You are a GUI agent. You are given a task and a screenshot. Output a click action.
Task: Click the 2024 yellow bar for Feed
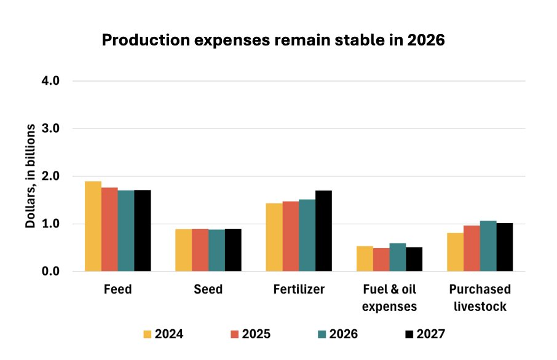click(x=93, y=226)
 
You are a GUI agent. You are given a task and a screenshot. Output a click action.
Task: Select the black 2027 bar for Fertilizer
click(x=323, y=231)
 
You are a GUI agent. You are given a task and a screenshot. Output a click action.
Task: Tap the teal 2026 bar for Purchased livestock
click(x=488, y=246)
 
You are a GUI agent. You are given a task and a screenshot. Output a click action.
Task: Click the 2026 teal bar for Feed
click(x=126, y=231)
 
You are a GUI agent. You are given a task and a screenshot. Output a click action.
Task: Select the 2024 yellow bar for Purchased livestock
click(x=455, y=252)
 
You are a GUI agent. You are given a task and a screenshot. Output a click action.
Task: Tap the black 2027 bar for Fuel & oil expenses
click(x=414, y=259)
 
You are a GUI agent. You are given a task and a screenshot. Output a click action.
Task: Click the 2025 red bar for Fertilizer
click(x=290, y=236)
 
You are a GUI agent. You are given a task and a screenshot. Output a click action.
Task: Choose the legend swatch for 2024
click(x=148, y=334)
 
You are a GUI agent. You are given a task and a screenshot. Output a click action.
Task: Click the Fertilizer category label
click(x=298, y=289)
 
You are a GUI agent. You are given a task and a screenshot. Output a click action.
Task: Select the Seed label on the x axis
click(x=208, y=289)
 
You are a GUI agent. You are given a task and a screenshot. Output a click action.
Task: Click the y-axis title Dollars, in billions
click(x=30, y=176)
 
